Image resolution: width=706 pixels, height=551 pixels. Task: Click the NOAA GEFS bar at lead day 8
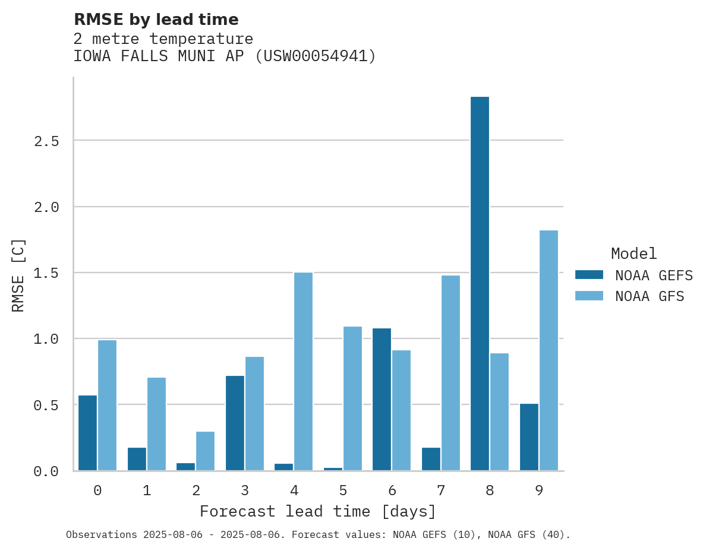[480, 283]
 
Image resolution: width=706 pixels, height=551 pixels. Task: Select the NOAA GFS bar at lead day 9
[549, 350]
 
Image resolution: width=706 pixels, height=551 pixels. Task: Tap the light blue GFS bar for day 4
[303, 371]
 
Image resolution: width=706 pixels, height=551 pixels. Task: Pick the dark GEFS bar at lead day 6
[382, 399]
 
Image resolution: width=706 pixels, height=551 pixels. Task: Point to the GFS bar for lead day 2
[205, 451]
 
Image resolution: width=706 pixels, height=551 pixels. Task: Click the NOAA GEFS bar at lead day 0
[87, 433]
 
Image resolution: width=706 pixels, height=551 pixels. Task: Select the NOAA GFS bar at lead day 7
[450, 373]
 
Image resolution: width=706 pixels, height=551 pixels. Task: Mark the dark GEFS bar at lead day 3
[235, 423]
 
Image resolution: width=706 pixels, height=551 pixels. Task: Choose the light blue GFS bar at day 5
[352, 398]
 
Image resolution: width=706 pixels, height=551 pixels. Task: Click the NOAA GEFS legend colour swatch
[589, 275]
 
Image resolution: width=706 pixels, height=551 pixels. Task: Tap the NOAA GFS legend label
[650, 296]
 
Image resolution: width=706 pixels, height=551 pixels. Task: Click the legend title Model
[633, 254]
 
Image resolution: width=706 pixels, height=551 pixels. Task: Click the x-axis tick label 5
[343, 491]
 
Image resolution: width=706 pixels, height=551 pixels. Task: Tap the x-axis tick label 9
[539, 491]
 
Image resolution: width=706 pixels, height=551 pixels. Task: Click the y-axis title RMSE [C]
[18, 275]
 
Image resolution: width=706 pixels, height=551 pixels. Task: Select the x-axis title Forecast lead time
[318, 511]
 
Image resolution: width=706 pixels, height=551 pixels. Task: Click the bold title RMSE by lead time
[156, 20]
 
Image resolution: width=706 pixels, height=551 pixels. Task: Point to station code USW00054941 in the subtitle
[316, 56]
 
